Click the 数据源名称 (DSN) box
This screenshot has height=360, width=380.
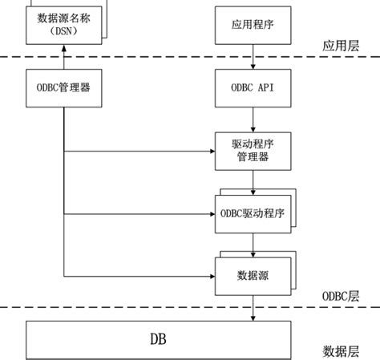pyautogui.click(x=63, y=24)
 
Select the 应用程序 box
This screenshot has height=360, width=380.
pyautogui.click(x=253, y=25)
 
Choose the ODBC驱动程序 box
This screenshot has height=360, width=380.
pyautogui.click(x=253, y=214)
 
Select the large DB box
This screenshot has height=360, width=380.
pyautogui.click(x=159, y=338)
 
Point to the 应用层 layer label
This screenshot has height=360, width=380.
pyautogui.click(x=341, y=46)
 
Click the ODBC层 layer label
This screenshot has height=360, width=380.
pyautogui.click(x=340, y=296)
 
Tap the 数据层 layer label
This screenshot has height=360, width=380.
pyautogui.click(x=341, y=350)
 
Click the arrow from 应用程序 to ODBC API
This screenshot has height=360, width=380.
pyautogui.click(x=253, y=56)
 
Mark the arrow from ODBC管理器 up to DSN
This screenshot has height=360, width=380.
pyautogui.click(x=63, y=57)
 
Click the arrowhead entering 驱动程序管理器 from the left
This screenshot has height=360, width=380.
pyautogui.click(x=210, y=151)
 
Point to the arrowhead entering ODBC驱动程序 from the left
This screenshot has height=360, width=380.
pyautogui.click(x=210, y=214)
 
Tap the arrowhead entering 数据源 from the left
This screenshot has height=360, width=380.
pyautogui.click(x=210, y=277)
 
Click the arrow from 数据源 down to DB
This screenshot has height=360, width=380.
pyautogui.click(x=253, y=307)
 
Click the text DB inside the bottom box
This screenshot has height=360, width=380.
pyautogui.click(x=159, y=338)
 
